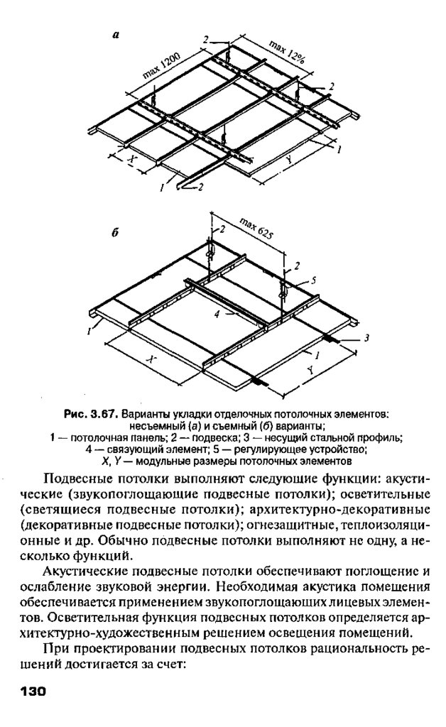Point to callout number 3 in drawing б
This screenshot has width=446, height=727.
tap(366, 338)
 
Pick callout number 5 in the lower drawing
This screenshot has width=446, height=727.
tap(313, 280)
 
